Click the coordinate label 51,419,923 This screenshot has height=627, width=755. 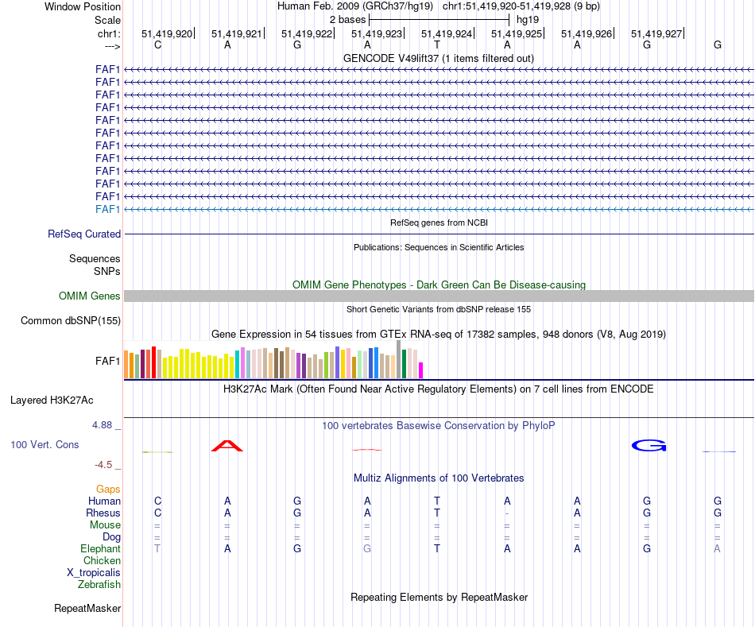tap(377, 34)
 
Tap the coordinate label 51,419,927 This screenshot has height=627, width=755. tap(656, 34)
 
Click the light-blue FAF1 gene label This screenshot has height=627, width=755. tap(107, 209)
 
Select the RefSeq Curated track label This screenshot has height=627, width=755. tap(84, 234)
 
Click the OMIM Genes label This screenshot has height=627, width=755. tap(90, 296)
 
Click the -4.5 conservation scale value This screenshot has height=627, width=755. tap(104, 464)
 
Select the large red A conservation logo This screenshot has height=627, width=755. tap(227, 445)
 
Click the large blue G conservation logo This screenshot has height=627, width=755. tap(648, 445)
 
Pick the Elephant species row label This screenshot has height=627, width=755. tap(100, 549)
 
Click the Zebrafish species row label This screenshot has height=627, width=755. tap(99, 585)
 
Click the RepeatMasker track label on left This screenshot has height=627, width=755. tap(87, 609)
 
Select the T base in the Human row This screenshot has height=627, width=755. tap(437, 501)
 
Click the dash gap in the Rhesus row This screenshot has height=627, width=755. tap(507, 513)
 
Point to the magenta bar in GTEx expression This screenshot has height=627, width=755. tap(421, 370)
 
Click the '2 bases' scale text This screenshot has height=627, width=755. tap(347, 19)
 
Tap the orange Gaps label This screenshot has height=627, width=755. tap(108, 490)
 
